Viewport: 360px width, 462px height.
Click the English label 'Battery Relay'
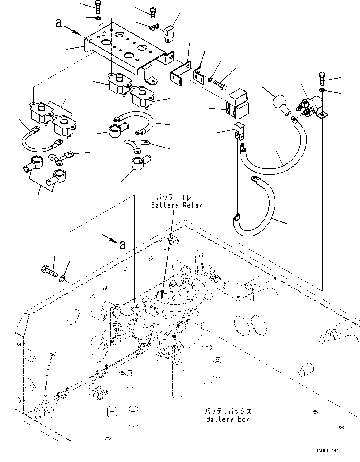[177, 205]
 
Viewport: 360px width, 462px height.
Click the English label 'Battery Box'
[228, 419]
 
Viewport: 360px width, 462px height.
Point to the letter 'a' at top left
[58, 23]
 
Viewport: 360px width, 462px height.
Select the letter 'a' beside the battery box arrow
[123, 245]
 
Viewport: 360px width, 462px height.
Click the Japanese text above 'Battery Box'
[228, 411]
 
